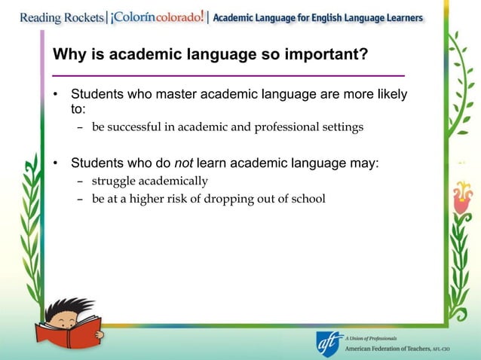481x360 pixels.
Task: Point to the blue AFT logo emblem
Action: (329, 343)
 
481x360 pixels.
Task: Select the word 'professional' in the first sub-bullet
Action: (286, 127)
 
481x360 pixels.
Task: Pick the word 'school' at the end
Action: (308, 199)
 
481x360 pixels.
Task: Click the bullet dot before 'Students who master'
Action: (55, 96)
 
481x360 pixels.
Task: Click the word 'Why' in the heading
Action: (66, 56)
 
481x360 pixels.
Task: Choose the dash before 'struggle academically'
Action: (80, 182)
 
